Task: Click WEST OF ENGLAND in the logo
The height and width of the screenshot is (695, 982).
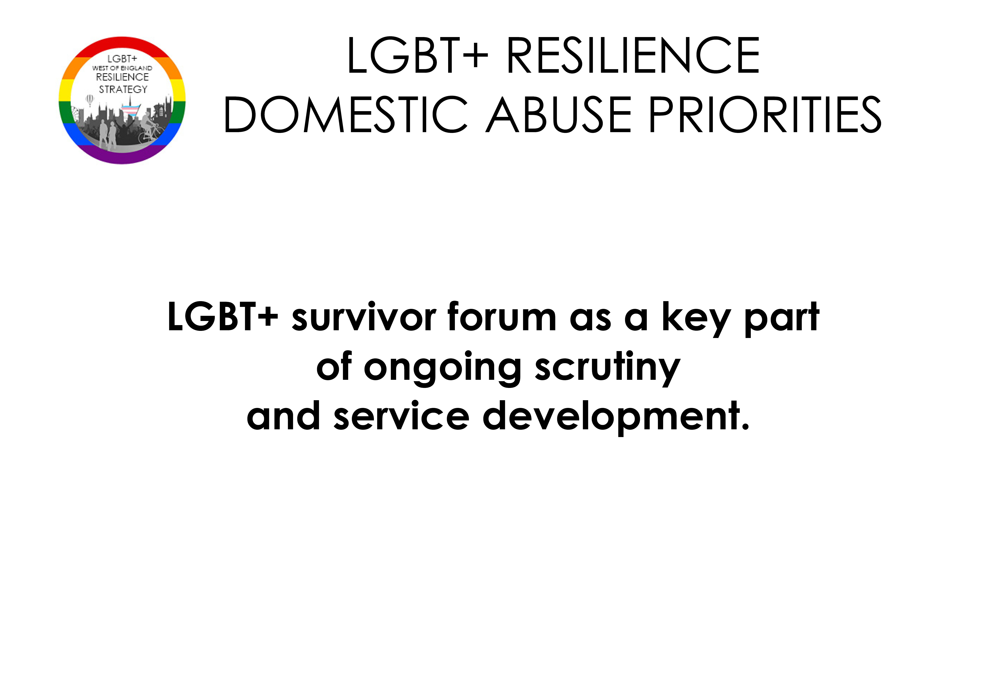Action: coord(122,68)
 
